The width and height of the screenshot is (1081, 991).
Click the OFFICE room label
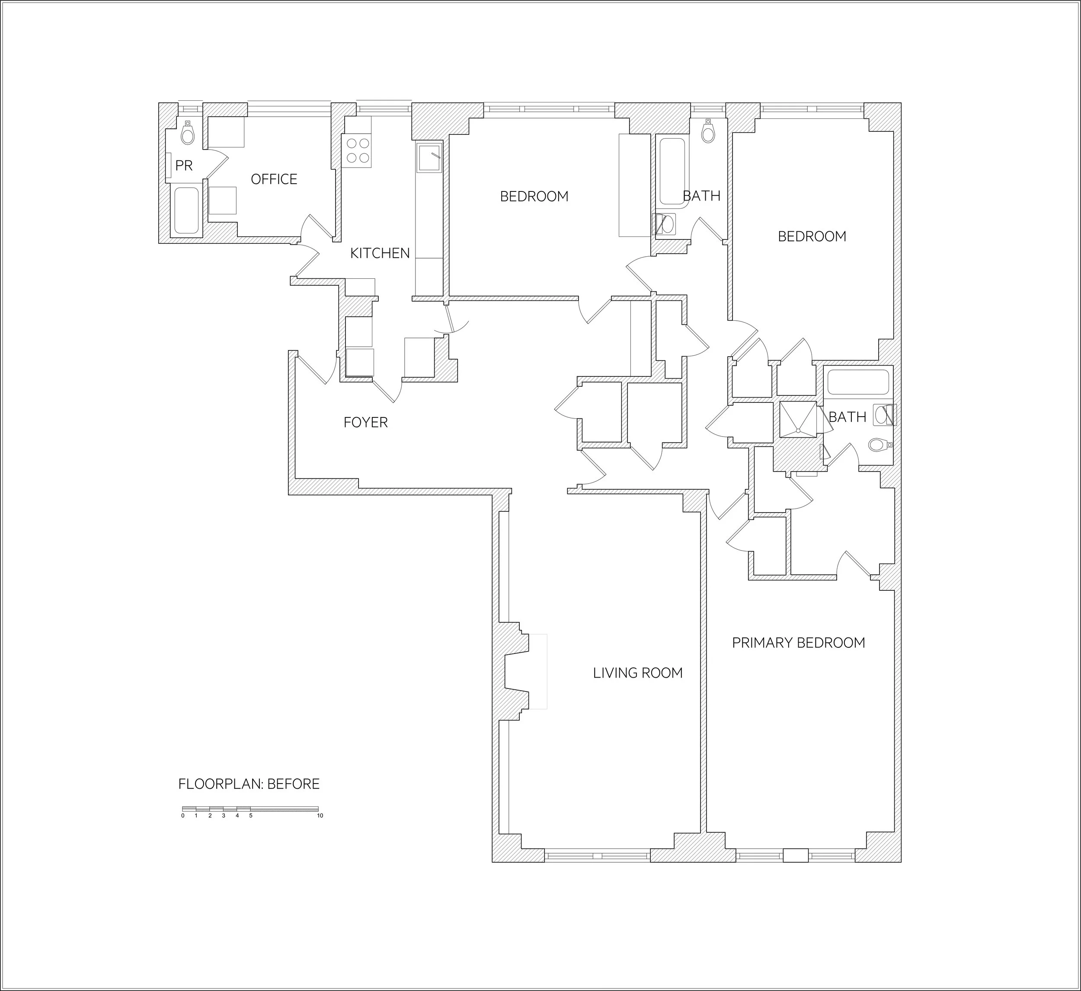274,179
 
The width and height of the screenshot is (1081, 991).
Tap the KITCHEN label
380,253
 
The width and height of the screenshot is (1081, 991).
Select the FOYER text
365,423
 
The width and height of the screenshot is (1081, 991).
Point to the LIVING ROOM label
637,673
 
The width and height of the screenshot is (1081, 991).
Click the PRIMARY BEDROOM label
798,643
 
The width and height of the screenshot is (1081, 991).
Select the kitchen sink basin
429,158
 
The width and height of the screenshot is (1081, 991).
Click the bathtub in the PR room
187,210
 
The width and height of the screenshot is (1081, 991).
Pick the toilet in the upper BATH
708,132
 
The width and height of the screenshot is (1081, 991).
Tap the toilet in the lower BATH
878,445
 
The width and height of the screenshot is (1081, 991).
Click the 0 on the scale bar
182,816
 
